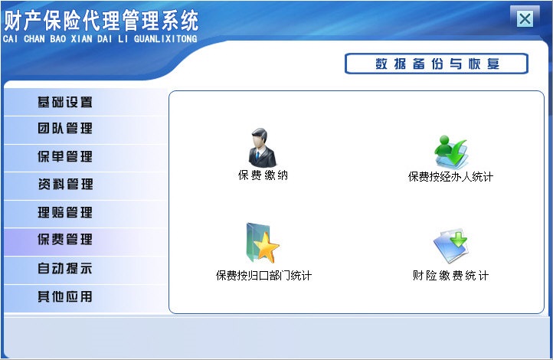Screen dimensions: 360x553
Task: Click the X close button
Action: coord(525,19)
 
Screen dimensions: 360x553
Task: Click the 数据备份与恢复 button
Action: coord(437,64)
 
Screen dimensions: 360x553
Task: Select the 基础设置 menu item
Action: coord(65,102)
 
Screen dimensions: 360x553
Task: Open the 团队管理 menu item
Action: coord(65,129)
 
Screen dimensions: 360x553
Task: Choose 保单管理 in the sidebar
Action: coord(65,157)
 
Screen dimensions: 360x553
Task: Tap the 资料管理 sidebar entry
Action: coord(65,185)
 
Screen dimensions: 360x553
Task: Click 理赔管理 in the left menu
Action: coord(65,212)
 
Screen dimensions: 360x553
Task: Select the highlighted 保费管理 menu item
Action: coord(65,240)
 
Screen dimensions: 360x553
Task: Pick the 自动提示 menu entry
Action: coord(65,269)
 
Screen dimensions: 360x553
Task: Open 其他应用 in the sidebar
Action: coord(65,296)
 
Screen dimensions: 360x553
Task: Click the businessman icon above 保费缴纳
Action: coord(263,148)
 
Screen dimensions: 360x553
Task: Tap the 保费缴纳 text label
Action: coord(263,175)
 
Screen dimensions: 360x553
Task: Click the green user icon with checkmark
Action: coord(450,152)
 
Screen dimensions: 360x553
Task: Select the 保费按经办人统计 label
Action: coord(450,177)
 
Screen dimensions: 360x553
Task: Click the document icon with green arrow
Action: coord(450,246)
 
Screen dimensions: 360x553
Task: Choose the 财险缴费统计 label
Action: coord(450,276)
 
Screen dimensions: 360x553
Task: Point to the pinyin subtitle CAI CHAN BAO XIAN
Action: coord(100,38)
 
